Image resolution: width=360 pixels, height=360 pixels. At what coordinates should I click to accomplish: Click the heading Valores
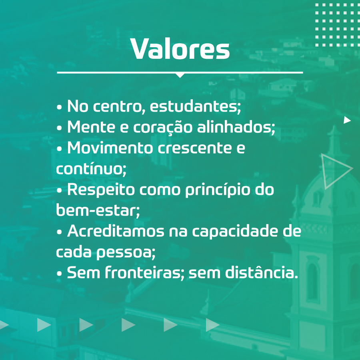coord(180,49)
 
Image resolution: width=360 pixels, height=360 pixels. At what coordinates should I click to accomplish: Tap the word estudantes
coord(195,106)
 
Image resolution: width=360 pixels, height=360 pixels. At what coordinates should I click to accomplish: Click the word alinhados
coord(236,127)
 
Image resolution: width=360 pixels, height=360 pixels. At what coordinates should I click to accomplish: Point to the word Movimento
coord(110,148)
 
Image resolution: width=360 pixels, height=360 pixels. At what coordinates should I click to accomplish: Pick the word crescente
coord(195,148)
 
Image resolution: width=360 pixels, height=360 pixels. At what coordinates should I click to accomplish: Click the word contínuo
coord(91,169)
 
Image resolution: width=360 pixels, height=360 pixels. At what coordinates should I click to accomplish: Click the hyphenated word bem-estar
coord(98,210)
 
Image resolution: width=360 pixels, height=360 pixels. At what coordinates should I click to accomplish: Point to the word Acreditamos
coord(116,231)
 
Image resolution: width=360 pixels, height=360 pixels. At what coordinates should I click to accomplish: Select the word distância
coord(262,272)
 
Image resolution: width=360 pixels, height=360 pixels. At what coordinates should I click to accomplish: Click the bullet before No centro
coord(59,107)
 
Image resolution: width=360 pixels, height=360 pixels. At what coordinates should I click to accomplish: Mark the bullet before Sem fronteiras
coord(59,274)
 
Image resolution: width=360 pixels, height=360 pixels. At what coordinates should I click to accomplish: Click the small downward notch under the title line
coord(180,76)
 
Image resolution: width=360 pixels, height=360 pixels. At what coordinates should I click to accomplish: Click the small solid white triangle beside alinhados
coord(347,120)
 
